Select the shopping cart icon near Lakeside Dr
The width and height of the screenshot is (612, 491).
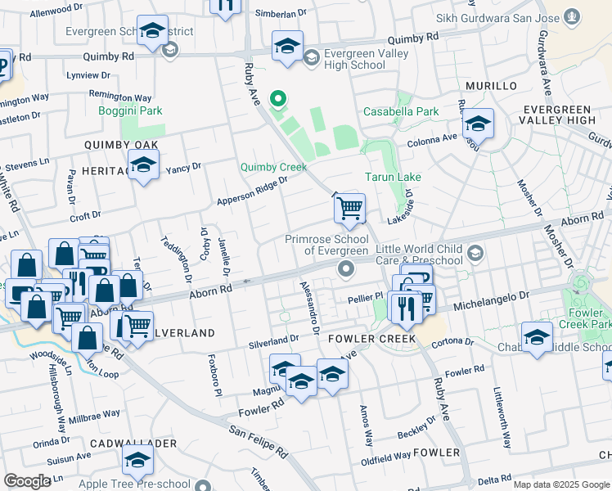pyautogui.click(x=349, y=208)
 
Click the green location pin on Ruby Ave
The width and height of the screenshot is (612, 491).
pyautogui.click(x=278, y=101)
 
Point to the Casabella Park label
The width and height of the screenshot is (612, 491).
pyautogui.click(x=401, y=111)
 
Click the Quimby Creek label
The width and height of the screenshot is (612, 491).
pyautogui.click(x=273, y=167)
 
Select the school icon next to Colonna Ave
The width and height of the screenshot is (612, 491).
pyautogui.click(x=478, y=124)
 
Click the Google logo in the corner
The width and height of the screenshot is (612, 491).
pyautogui.click(x=27, y=481)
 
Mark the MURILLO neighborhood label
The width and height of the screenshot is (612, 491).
pyautogui.click(x=491, y=86)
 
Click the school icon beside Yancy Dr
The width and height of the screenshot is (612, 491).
pyautogui.click(x=143, y=166)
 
